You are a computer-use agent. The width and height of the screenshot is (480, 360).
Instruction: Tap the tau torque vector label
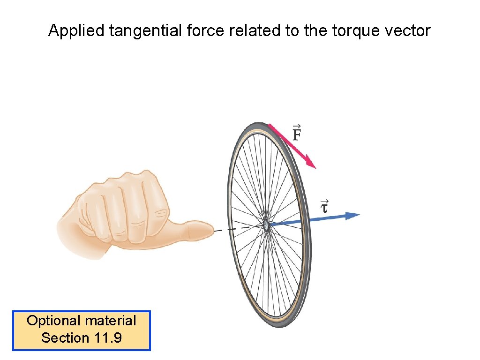pos(323,206)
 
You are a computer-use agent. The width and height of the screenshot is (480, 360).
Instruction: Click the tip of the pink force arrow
pos(315,167)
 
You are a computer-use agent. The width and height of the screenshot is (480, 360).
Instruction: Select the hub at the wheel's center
pos(266,225)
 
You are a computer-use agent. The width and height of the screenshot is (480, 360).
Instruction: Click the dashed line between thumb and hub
pos(237,228)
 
